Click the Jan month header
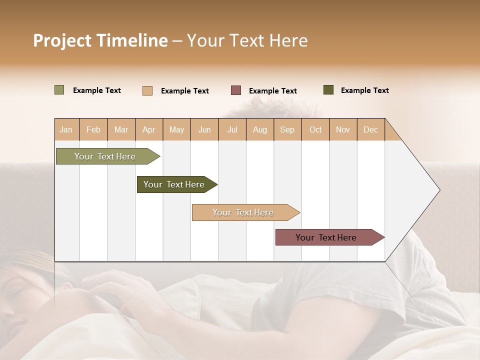pos(66,129)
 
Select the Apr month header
pos(148,129)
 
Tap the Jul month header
pos(232,129)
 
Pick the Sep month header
pos(287,129)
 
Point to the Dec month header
pos(370,129)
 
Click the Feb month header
pos(93,129)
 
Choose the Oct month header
pos(315,129)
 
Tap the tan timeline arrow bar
pos(243,212)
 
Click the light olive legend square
pos(59,90)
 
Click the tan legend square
pos(147,90)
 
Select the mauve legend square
pos(236,90)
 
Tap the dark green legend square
pos(328,90)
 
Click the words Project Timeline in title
pos(100,40)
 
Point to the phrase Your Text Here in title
pos(247,40)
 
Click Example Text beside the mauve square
pos(272,91)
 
